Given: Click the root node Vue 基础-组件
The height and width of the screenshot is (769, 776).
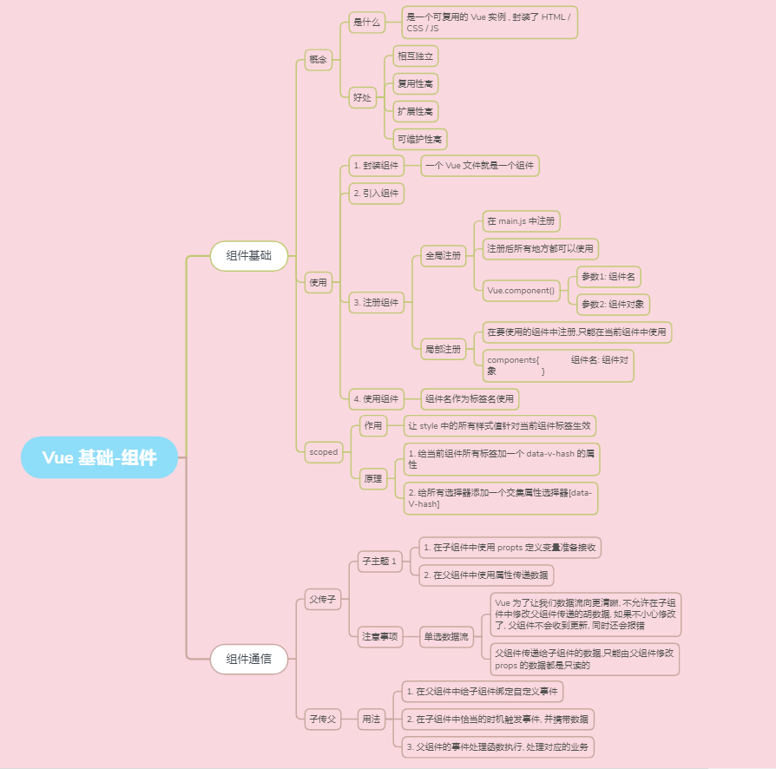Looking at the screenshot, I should click(99, 457).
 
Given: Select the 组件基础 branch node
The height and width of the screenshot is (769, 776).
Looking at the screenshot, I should click(248, 256).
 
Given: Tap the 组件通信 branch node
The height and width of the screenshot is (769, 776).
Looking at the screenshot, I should click(248, 659).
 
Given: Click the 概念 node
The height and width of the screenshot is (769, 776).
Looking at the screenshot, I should click(319, 60).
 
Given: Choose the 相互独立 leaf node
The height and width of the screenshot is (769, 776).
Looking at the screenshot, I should click(416, 56).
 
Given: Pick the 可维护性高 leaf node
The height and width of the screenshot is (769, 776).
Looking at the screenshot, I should click(420, 139).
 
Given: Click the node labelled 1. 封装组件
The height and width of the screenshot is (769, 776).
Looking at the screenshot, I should click(376, 166).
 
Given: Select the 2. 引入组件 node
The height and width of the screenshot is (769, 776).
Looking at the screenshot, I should click(376, 193).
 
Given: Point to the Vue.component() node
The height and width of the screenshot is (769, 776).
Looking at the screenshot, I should click(522, 291).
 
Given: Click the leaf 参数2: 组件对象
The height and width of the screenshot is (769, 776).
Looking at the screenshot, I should click(613, 305).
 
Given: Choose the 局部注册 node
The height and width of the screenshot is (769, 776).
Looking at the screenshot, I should click(443, 349).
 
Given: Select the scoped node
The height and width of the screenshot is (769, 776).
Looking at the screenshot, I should click(324, 451).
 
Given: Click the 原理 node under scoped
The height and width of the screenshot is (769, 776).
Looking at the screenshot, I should click(373, 478).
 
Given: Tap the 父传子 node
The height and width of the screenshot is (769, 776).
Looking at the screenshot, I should click(322, 599).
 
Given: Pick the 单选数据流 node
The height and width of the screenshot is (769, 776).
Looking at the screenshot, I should click(446, 636).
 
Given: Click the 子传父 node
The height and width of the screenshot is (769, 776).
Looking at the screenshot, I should click(322, 718).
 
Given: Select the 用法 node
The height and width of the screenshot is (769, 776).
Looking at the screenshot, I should click(372, 718).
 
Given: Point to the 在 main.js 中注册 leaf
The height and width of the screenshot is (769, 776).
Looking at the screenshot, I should click(523, 221).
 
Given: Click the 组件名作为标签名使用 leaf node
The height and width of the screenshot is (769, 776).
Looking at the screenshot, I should click(470, 399).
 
